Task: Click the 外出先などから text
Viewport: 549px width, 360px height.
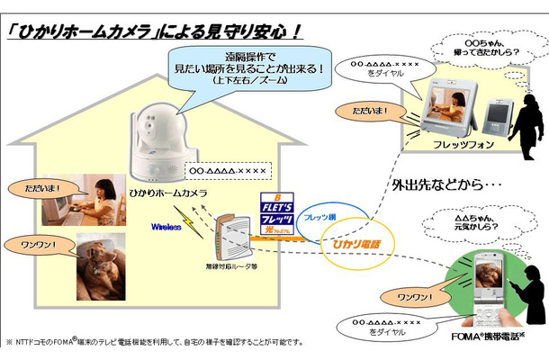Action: pos(443,187)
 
